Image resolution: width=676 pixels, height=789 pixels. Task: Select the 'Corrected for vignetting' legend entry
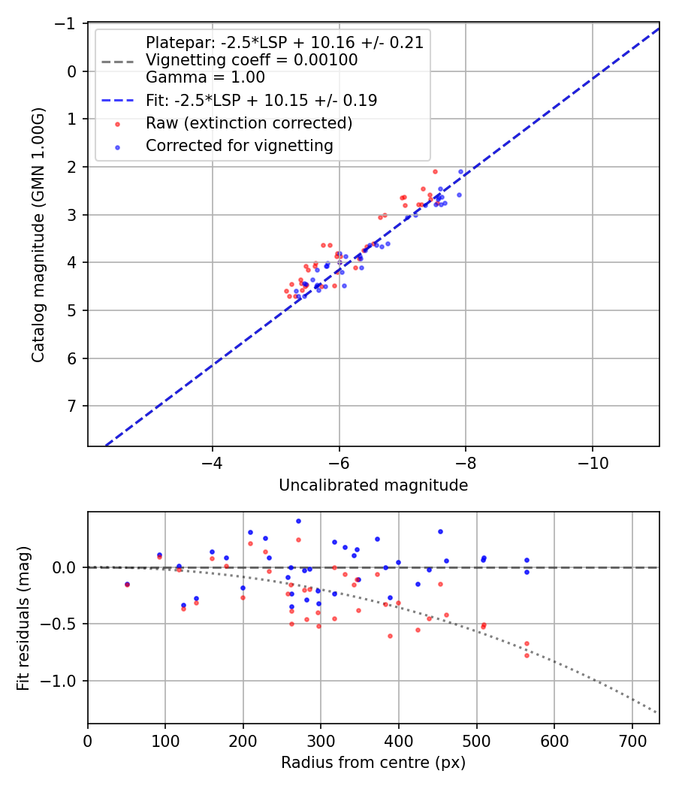pyautogui.click(x=239, y=146)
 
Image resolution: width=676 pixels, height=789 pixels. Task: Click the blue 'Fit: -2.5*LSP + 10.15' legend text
pyautogui.click(x=261, y=101)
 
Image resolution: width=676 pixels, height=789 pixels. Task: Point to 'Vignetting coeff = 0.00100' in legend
pyautogui.click(x=251, y=60)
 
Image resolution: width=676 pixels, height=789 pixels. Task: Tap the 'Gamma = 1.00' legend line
pyautogui.click(x=205, y=77)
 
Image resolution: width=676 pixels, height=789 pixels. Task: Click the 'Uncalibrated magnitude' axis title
pyautogui.click(x=373, y=485)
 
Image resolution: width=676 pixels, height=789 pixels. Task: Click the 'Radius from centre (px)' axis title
pyautogui.click(x=373, y=763)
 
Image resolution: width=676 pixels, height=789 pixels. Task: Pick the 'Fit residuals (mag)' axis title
pyautogui.click(x=23, y=618)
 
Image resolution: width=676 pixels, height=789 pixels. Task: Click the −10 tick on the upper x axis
pyautogui.click(x=592, y=459)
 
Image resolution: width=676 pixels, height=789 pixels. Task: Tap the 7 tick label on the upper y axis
pyautogui.click(x=73, y=406)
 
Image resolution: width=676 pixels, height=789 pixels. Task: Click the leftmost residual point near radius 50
pyautogui.click(x=127, y=584)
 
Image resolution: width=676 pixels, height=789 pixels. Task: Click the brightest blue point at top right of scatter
pyautogui.click(x=461, y=171)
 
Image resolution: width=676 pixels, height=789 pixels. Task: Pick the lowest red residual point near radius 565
pyautogui.click(x=527, y=655)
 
